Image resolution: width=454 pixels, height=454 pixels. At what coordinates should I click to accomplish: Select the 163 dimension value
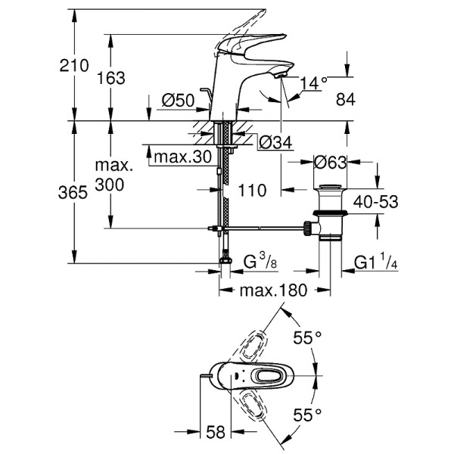(x=111, y=78)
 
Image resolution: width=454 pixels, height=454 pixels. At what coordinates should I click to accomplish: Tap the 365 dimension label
(x=74, y=193)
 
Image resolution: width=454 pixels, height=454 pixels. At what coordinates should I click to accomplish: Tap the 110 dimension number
(x=251, y=191)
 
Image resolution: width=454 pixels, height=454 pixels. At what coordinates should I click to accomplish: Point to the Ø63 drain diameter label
(x=331, y=162)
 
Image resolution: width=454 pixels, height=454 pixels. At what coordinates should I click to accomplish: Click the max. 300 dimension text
(x=111, y=176)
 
